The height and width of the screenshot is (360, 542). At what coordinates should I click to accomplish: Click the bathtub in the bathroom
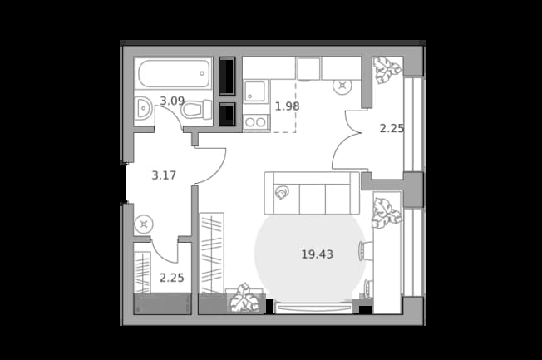coord(174,73)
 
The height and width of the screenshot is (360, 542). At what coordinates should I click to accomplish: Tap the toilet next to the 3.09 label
coord(197,110)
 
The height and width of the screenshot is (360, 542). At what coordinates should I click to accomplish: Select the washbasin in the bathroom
coord(143,108)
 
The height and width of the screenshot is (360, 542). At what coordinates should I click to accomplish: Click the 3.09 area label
coord(172,101)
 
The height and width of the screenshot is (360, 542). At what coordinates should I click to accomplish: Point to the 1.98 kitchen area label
coord(287,106)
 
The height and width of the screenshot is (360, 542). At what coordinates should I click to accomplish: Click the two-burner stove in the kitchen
coord(256,122)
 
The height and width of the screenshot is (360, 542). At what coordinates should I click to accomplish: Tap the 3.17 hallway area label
coord(164,175)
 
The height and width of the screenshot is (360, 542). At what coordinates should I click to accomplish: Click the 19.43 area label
coord(317,254)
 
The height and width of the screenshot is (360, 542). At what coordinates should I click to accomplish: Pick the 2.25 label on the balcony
coord(392,129)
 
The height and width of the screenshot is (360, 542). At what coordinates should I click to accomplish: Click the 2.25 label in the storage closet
coord(171,278)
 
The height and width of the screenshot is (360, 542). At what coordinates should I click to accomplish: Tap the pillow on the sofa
coord(282,192)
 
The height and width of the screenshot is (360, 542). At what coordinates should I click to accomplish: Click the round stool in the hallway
coord(144,224)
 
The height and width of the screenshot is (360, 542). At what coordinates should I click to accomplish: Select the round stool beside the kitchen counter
coord(342,86)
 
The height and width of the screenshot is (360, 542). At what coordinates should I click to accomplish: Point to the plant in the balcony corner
coord(387,70)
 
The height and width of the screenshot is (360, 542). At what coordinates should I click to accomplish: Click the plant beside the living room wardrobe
coord(245,298)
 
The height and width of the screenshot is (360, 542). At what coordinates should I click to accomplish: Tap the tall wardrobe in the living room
coord(212,253)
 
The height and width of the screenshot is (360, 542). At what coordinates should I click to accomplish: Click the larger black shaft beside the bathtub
coord(227,76)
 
